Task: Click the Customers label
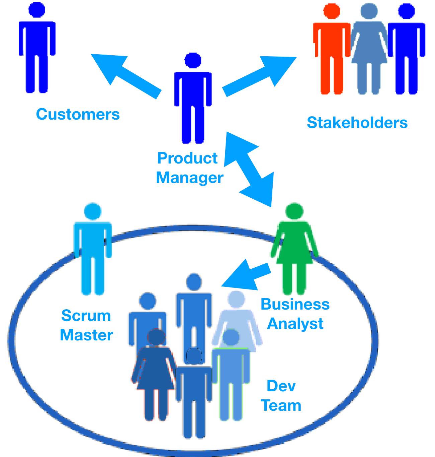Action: coord(78,114)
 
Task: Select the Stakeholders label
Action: coord(357,123)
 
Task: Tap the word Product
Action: coord(187,158)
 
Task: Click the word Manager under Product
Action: coord(189,178)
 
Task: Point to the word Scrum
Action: coord(86,316)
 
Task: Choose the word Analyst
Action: coord(295,324)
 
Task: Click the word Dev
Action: coord(281,386)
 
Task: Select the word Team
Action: coord(281,406)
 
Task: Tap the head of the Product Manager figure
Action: coord(193,61)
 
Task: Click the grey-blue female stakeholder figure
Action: coord(369,50)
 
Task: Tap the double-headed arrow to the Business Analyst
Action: coord(249,169)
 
